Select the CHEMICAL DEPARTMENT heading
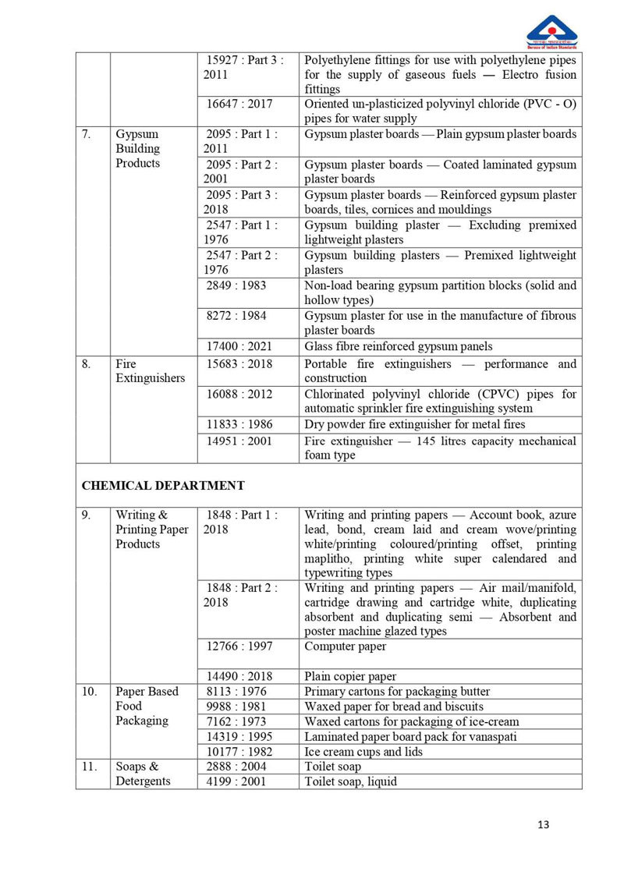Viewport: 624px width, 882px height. [x=163, y=485]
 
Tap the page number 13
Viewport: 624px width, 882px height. [x=544, y=825]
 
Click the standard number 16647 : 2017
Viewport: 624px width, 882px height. [x=239, y=104]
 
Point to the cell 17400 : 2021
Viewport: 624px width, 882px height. [x=239, y=346]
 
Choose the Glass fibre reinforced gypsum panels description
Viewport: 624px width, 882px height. [x=399, y=346]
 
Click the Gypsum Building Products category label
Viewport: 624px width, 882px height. [x=138, y=148]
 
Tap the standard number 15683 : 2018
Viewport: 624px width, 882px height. [x=239, y=363]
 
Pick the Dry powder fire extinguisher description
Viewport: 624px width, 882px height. [x=414, y=424]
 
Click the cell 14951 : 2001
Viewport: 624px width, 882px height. [x=239, y=441]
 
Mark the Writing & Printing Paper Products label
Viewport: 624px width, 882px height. [x=151, y=530]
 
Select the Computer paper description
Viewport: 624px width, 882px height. [x=345, y=646]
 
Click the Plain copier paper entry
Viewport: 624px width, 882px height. [x=350, y=676]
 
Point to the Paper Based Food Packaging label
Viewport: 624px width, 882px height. [x=147, y=706]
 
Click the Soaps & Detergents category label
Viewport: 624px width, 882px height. [x=143, y=774]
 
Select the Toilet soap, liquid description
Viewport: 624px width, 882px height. [x=350, y=781]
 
